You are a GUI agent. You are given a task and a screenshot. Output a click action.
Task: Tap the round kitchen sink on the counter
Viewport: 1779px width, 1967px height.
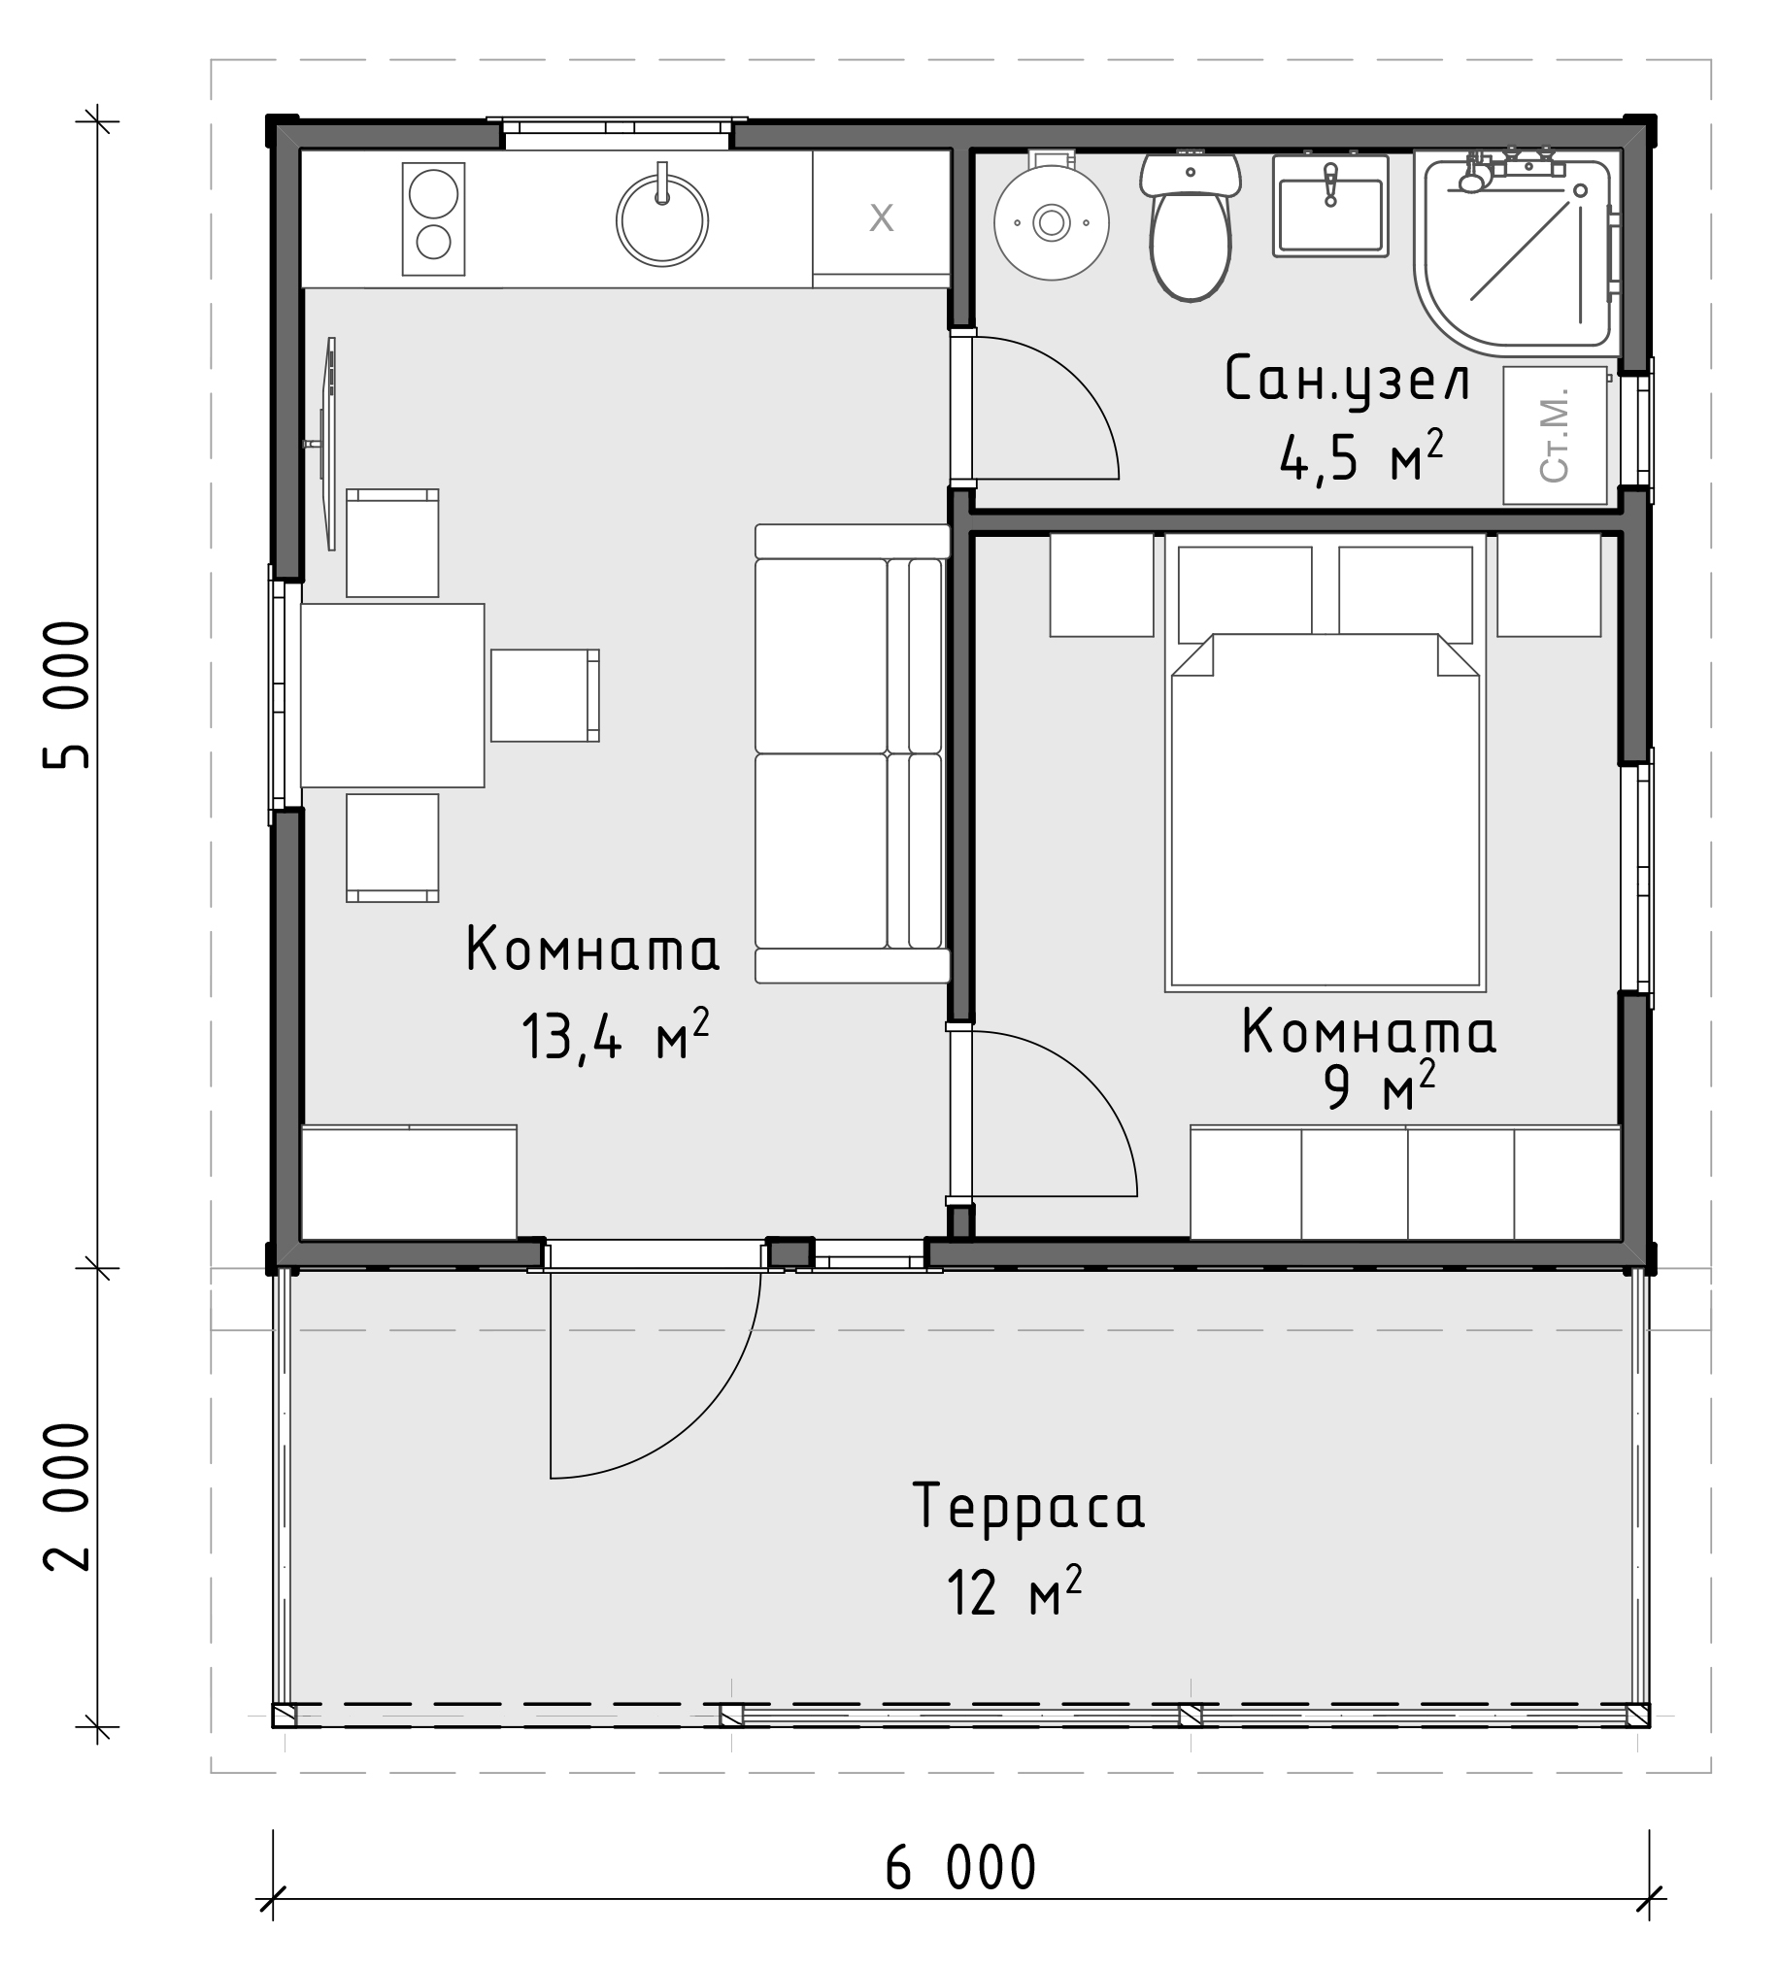[661, 219]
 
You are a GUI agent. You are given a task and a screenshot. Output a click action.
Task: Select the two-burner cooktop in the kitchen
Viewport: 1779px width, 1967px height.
[433, 218]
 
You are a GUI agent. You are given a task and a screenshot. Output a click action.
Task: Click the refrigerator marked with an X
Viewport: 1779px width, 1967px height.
[881, 218]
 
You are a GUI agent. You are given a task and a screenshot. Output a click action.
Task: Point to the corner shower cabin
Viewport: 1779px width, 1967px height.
[1517, 248]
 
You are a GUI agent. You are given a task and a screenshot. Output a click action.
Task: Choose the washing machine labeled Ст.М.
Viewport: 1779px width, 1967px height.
[1555, 435]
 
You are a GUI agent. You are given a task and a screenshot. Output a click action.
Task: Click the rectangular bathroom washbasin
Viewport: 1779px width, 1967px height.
[1330, 205]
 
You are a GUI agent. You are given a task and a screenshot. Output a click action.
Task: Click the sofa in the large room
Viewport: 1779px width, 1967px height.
[852, 753]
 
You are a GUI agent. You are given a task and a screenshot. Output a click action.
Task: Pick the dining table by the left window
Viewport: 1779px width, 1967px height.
[392, 696]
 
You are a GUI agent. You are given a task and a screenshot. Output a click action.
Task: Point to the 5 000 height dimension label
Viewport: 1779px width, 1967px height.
[67, 695]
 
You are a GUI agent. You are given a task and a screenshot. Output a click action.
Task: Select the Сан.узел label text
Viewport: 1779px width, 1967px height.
[1347, 380]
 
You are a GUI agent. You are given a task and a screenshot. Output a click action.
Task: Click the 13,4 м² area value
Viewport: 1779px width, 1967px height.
[615, 1035]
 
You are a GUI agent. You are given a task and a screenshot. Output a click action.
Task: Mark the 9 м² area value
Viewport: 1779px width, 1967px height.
[1379, 1088]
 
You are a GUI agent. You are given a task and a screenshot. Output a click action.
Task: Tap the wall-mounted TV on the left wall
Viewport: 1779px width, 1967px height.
[329, 444]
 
